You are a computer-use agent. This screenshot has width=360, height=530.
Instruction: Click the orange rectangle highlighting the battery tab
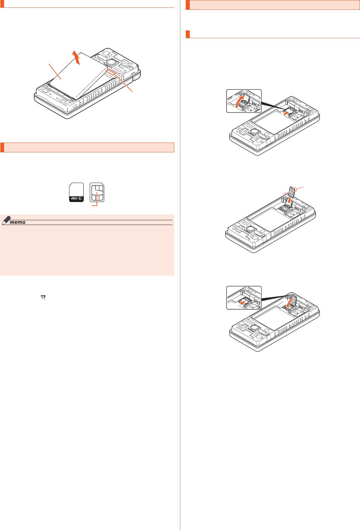click(111, 72)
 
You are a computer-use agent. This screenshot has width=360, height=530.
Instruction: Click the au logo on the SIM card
click(76, 198)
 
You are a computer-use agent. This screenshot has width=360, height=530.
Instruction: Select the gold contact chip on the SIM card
click(97, 193)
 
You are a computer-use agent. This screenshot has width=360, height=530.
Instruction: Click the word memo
click(18, 222)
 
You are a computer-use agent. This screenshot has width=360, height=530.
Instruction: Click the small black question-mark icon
click(43, 298)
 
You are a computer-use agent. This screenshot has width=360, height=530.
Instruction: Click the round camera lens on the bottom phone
click(255, 328)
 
